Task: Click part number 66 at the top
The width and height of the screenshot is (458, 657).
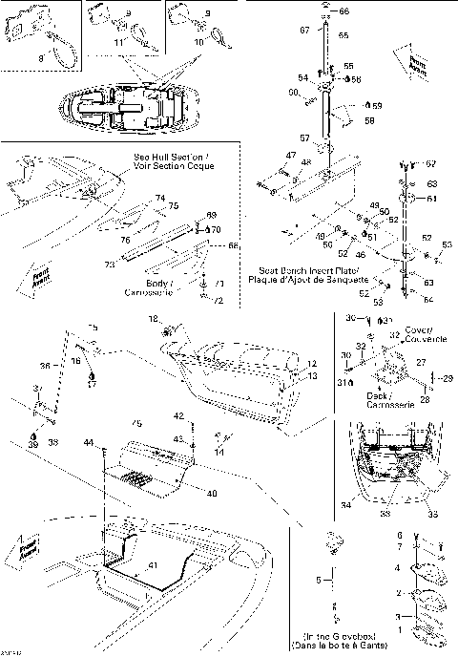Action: (x=343, y=11)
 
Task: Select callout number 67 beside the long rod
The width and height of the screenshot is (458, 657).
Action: (x=305, y=31)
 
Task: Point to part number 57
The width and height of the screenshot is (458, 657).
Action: (x=304, y=138)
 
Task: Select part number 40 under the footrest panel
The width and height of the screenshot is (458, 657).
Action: (x=211, y=493)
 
